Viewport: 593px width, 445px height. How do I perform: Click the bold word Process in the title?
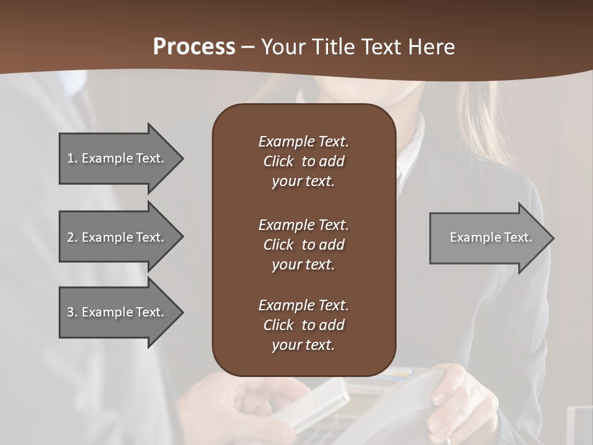coord(194,46)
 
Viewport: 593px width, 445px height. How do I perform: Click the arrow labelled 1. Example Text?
coord(117,158)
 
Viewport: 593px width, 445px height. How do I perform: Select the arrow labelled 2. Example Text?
coord(117,237)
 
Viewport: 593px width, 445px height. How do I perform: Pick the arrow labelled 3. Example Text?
coord(117,312)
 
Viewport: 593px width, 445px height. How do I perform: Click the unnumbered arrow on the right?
coord(488,237)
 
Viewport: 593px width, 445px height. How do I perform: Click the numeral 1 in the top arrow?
coord(70,158)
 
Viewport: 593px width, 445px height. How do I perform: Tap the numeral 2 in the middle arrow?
coord(70,237)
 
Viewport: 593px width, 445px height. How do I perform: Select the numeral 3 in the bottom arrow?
coord(70,312)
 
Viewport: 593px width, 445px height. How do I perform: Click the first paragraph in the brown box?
coord(303,161)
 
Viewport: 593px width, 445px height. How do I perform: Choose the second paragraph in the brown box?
coord(303,244)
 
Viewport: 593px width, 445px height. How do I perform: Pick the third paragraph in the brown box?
coord(303,325)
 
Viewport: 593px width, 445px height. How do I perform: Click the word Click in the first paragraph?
coord(278,161)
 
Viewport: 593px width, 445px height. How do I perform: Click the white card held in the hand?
coord(321,402)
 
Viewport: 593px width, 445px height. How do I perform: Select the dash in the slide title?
coord(248,48)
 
